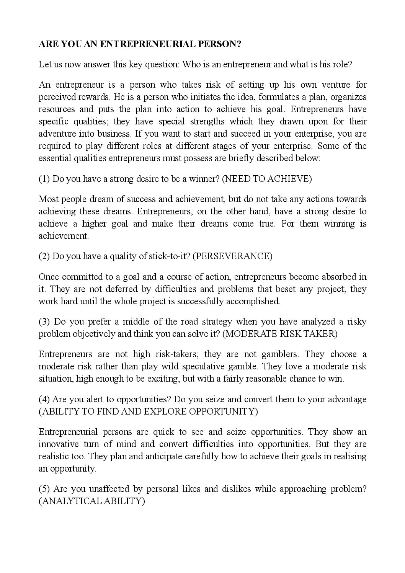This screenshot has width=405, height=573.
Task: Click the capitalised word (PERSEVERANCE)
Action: (x=232, y=256)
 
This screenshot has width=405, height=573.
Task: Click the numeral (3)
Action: (x=45, y=322)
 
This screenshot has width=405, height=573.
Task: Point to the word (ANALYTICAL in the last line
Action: (x=70, y=501)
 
